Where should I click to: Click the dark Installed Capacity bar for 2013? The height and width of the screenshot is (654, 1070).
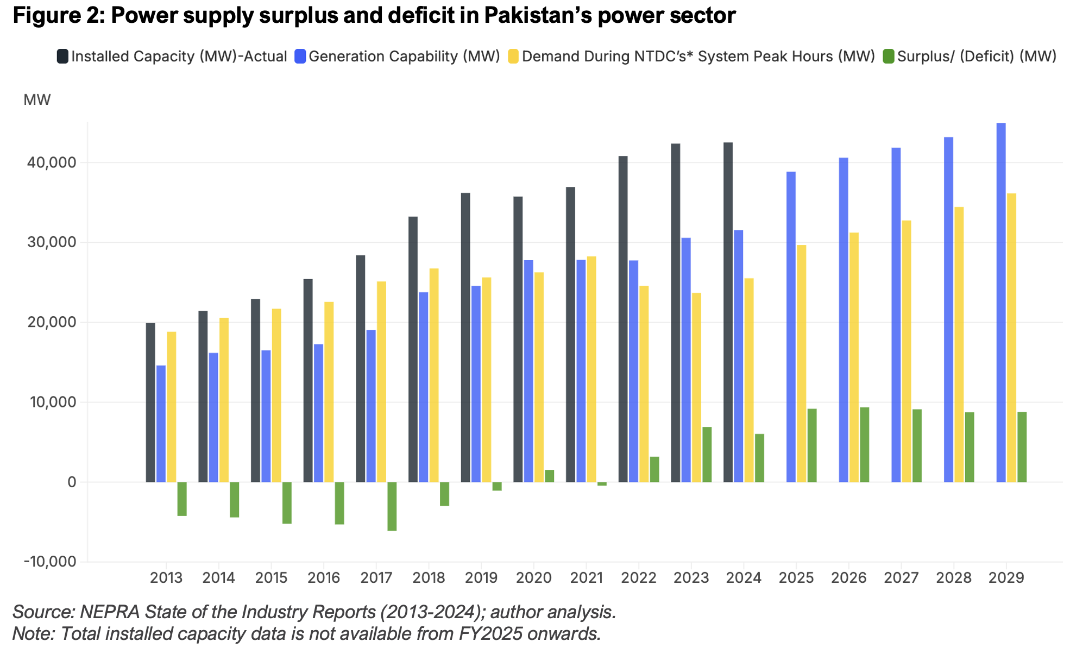[150, 402]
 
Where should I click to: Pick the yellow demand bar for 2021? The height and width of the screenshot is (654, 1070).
[591, 369]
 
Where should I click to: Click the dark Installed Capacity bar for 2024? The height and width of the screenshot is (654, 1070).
[728, 312]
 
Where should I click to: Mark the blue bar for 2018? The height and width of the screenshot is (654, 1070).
[424, 387]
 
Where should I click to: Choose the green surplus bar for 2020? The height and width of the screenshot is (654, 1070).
[549, 476]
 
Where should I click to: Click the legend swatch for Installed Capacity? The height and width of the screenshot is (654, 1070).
[62, 56]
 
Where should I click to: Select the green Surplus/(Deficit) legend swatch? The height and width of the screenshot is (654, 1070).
[889, 56]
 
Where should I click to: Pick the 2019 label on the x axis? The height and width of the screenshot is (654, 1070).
[481, 577]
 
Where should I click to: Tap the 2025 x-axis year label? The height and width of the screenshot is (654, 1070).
[796, 577]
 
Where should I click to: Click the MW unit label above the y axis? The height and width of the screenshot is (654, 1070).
[37, 100]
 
